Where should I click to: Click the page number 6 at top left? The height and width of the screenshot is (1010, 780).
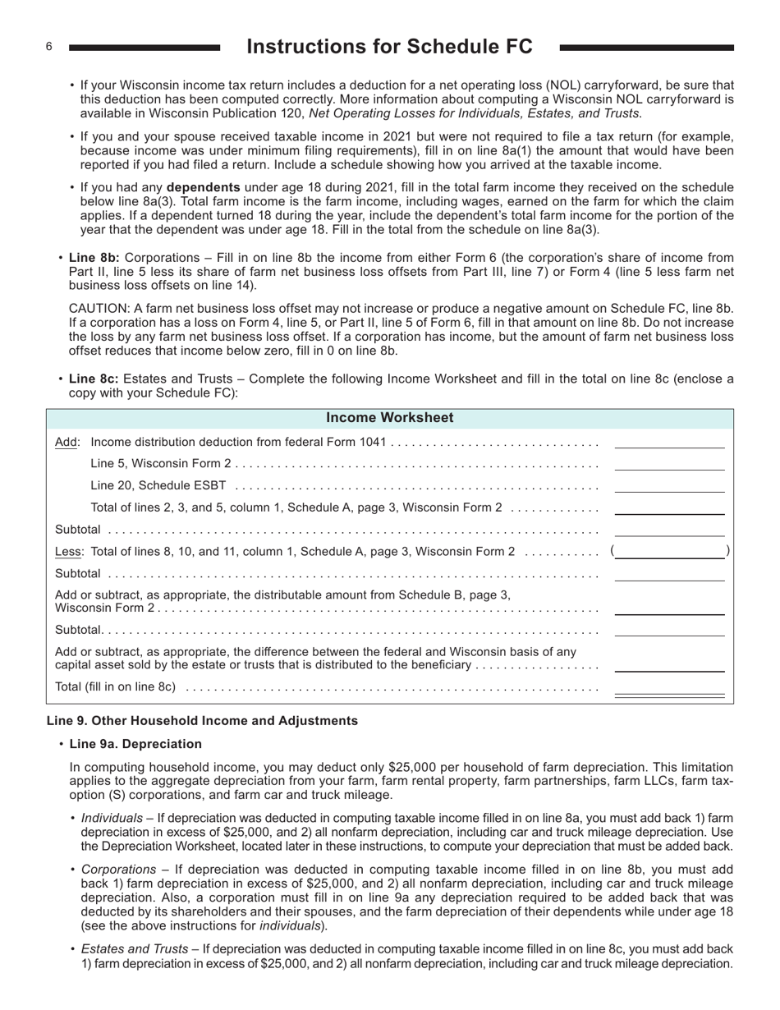click(x=49, y=47)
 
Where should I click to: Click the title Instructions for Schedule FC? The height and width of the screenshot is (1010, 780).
click(x=389, y=47)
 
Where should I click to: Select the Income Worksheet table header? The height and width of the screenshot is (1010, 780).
click(x=389, y=418)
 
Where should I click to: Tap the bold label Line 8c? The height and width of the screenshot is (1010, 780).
click(x=94, y=379)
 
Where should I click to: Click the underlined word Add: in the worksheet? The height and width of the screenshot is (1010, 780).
click(x=67, y=443)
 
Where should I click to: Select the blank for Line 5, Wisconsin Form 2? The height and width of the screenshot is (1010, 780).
click(x=669, y=464)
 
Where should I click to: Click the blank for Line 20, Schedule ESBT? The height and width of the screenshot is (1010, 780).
click(x=669, y=486)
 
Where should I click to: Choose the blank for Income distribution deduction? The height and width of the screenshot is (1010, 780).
click(x=669, y=442)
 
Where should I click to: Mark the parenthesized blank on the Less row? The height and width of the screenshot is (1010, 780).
click(x=669, y=552)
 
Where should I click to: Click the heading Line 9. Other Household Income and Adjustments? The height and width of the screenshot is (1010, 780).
click(x=202, y=721)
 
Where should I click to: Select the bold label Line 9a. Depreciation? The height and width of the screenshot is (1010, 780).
click(x=135, y=744)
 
